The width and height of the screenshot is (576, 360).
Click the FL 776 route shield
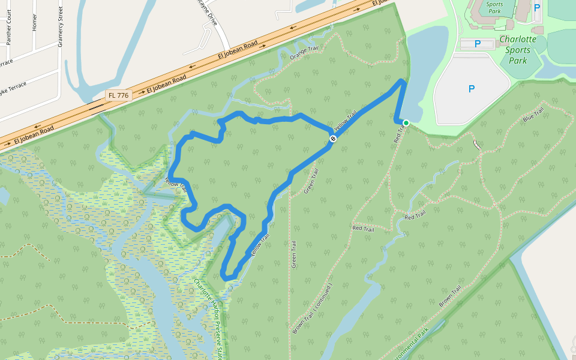119,95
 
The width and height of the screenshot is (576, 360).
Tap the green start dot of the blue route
406,123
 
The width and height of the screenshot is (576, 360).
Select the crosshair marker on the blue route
332,139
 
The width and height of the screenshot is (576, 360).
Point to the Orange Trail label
302,53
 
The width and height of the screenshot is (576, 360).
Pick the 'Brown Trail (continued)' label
312,308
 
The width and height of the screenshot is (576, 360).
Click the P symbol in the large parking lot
472,89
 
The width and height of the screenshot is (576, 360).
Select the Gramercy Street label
61,22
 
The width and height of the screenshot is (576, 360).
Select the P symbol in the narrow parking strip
478,44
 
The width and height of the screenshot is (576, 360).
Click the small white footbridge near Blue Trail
476,145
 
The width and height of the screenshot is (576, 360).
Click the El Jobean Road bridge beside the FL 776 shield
96,108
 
